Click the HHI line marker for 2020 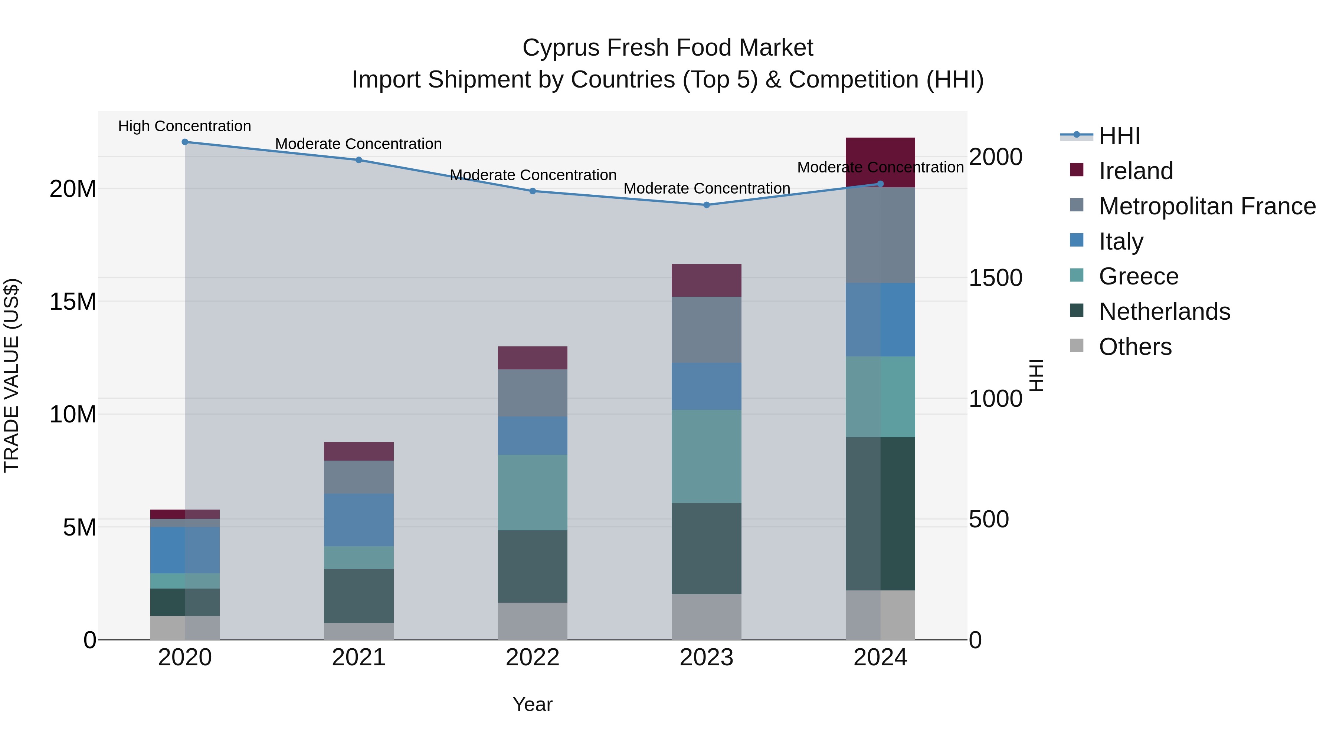185,142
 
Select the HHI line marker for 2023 706,205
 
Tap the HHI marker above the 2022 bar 533,191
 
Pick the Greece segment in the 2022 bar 533,493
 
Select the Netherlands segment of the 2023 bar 706,549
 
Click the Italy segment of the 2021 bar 358,520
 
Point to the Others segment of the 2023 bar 706,617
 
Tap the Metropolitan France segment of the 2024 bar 880,235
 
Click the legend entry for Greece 1139,276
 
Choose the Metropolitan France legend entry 1207,206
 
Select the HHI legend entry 1119,136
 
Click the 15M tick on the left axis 73,302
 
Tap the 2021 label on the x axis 358,658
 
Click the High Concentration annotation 185,126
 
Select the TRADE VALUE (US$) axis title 12,375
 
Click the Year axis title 533,704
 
